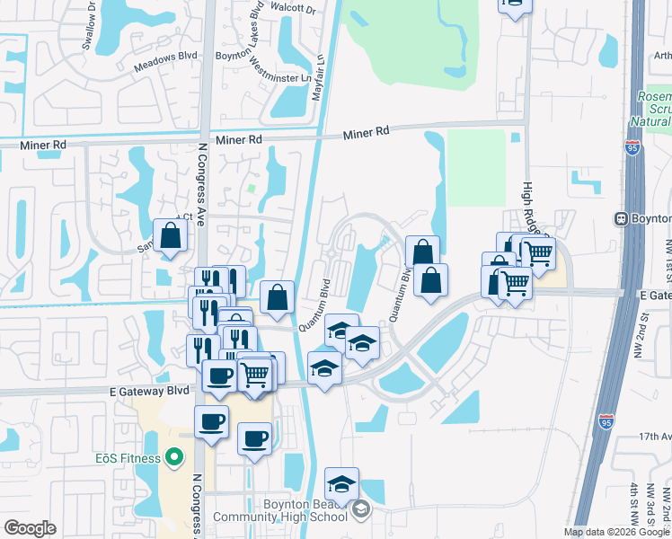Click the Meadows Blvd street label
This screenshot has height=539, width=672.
(164, 56)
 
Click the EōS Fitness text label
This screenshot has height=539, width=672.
(128, 459)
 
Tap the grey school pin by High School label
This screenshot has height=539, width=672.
(360, 510)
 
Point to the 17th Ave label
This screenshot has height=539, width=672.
(655, 436)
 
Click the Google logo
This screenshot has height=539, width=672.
(31, 528)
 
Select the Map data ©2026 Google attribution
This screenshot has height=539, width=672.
(616, 532)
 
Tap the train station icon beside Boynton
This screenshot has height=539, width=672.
(620, 218)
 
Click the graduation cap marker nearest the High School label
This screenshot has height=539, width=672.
(341, 483)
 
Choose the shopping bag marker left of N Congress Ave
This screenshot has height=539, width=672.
(170, 236)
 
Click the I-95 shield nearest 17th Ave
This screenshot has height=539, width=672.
(608, 420)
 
